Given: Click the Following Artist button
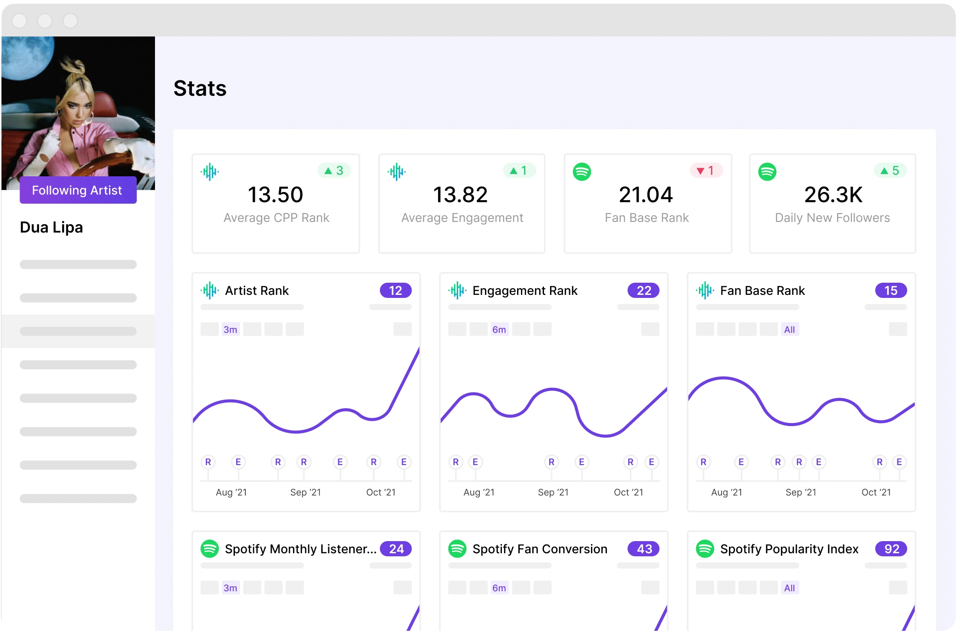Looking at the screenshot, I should pos(78,190).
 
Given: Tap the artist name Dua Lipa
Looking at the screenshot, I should pos(51,227).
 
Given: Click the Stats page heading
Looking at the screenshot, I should pos(200,89).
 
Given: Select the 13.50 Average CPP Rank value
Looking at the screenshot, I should pos(275,195).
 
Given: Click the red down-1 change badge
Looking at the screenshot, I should pos(706,171).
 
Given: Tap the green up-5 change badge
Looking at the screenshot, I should pos(890,171).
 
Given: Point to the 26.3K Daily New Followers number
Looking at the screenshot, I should pos(833,195).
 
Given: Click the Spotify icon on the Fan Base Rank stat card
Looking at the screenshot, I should pos(582,172).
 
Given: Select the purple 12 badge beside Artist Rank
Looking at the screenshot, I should pos(396,291).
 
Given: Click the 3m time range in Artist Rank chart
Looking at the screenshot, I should pos(230,330).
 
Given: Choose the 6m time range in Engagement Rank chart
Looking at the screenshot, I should pos(499,330).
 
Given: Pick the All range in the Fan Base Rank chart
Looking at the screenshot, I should pos(789,330).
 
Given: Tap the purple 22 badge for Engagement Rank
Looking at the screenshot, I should pos(643,291).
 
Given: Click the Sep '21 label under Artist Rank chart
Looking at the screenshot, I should pos(305,492).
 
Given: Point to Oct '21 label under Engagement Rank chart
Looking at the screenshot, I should pos(628,492).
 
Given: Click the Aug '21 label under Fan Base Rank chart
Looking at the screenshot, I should pos(726,492).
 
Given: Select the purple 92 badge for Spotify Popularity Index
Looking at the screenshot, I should pos(891,549).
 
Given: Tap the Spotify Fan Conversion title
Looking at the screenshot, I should pos(540,549).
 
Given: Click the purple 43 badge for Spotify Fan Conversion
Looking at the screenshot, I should pos(643,549).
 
